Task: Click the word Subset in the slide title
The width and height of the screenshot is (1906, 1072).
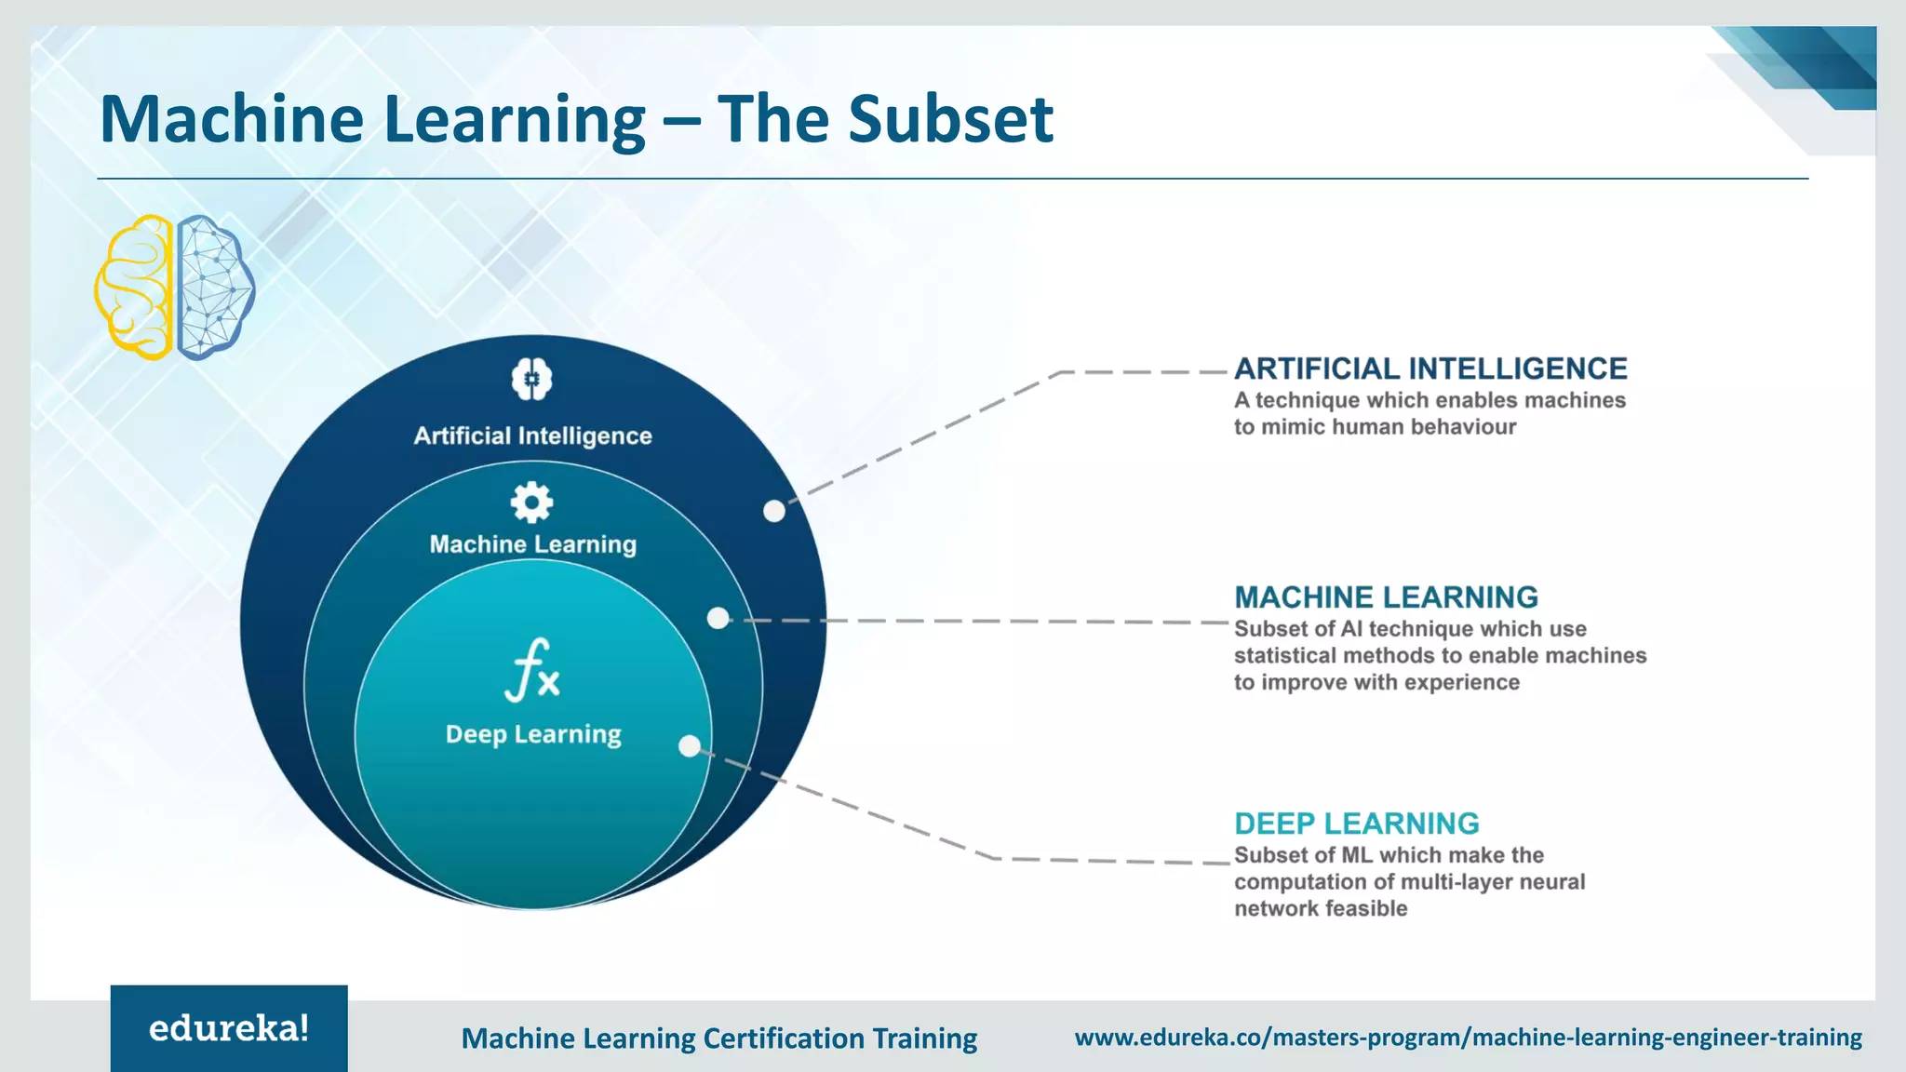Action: [x=950, y=119]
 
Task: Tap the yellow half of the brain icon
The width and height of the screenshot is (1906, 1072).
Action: [x=136, y=287]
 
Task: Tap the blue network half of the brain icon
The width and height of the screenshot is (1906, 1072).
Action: [x=213, y=287]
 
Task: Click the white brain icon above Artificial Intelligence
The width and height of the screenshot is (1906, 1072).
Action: [x=531, y=379]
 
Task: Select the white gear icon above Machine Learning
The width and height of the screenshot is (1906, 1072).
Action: [x=531, y=502]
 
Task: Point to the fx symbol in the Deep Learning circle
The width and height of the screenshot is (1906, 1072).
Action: [x=532, y=670]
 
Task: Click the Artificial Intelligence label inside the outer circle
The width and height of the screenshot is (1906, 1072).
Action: [x=532, y=435]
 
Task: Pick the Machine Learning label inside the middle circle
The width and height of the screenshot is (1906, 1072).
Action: [x=532, y=544]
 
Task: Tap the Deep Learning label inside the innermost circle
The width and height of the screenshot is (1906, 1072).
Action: [x=532, y=734]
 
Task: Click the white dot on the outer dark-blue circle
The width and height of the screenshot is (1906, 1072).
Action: [x=774, y=511]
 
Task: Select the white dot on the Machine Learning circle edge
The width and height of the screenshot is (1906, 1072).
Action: [x=718, y=618]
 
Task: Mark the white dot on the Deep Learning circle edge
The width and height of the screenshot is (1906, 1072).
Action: [x=689, y=745]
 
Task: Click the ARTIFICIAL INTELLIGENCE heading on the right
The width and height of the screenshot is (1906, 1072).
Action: [x=1430, y=368]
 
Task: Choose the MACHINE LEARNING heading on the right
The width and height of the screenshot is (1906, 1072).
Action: [x=1386, y=596]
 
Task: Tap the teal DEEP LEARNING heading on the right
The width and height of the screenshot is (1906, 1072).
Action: [x=1356, y=824]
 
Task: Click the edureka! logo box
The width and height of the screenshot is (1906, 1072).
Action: [x=229, y=1027]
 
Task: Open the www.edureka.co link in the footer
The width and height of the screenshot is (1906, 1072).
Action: [x=1468, y=1038]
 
